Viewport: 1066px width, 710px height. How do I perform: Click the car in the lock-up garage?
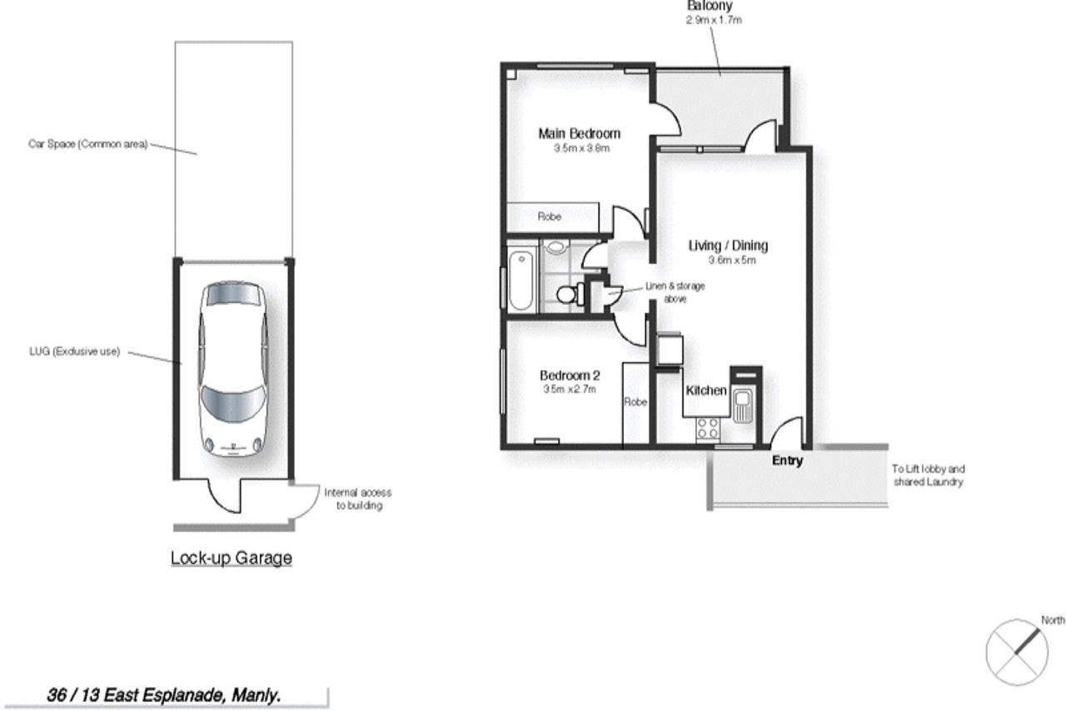click(x=232, y=370)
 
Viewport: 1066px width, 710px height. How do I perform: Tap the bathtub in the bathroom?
click(x=521, y=281)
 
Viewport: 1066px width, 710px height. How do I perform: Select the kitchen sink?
click(x=742, y=405)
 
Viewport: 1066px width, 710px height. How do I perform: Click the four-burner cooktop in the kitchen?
click(x=708, y=427)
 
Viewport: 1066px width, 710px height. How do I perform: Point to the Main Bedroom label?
click(x=579, y=134)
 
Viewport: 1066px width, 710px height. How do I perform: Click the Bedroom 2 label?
click(x=570, y=375)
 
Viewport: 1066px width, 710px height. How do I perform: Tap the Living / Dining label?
click(x=728, y=246)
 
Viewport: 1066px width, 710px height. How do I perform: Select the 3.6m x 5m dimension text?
click(x=732, y=261)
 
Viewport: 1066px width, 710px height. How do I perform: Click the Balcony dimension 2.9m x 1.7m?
click(x=714, y=20)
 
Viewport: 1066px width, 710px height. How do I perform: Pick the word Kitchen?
click(x=706, y=390)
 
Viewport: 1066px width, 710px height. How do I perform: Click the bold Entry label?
click(x=787, y=460)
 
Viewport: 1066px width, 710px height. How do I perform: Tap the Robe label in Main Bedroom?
click(x=549, y=216)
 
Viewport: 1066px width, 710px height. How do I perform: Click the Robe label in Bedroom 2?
click(x=635, y=402)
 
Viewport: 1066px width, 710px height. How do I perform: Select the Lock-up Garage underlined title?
click(x=232, y=559)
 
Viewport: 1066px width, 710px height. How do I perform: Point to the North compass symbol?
click(x=1017, y=652)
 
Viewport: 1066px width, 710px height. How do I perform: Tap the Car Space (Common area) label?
click(x=88, y=144)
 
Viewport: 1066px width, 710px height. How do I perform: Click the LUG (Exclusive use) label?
click(x=75, y=351)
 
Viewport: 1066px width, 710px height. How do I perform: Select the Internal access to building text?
click(x=358, y=499)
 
